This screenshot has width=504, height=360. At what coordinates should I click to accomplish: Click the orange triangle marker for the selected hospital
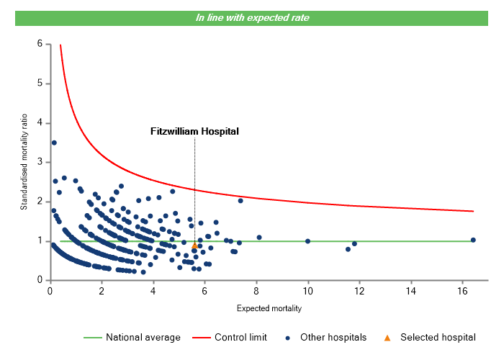[194, 246]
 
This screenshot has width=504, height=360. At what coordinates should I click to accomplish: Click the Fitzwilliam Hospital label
[194, 132]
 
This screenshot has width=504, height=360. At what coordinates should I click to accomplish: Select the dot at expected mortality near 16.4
[473, 240]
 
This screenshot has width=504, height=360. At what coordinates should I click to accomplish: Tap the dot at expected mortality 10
[308, 241]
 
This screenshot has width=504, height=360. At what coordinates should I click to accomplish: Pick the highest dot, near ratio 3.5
[54, 143]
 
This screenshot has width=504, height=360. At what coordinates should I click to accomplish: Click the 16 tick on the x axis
[463, 290]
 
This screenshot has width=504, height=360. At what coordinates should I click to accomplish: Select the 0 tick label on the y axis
[39, 280]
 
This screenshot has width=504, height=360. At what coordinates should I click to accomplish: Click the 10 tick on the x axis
[308, 290]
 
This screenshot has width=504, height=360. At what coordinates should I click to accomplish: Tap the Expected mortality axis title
[269, 309]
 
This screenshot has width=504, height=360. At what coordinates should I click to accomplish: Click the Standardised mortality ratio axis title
[24, 162]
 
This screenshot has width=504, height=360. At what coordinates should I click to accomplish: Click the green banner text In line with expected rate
[252, 18]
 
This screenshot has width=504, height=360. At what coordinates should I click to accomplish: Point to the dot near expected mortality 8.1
[259, 238]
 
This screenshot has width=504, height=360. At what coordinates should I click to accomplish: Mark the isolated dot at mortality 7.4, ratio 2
[240, 201]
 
